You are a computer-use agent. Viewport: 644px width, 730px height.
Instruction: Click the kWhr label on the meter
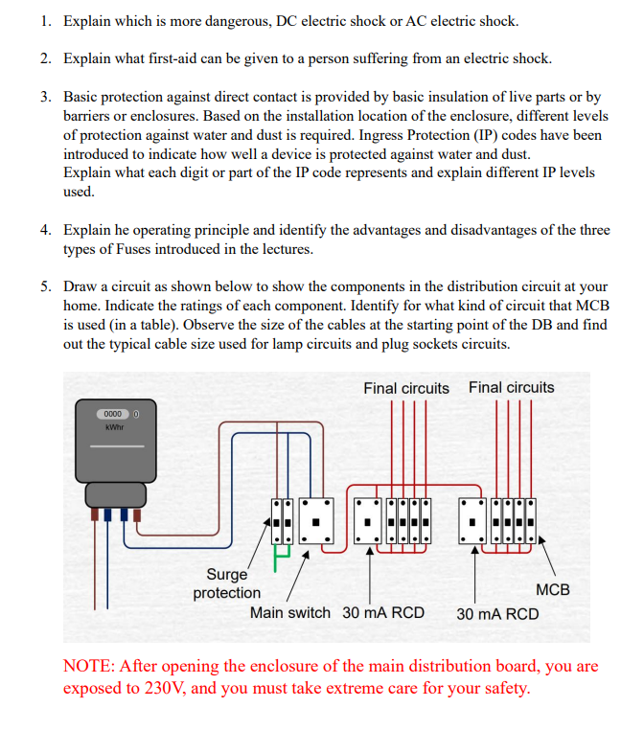(115, 427)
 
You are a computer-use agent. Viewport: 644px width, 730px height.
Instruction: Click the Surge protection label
(226, 583)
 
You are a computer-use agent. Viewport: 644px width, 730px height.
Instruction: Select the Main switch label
(289, 612)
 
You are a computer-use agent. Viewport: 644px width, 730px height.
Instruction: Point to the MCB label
(553, 590)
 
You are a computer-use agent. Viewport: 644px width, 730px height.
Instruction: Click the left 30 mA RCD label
(383, 612)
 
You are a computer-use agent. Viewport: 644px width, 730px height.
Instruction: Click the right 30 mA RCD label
(497, 614)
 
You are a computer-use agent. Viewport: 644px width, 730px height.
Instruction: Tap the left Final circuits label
(405, 388)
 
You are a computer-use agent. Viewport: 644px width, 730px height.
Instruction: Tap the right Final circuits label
(511, 387)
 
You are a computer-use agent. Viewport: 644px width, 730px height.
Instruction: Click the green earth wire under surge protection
(281, 559)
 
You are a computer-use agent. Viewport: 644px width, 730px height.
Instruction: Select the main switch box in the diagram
(315, 525)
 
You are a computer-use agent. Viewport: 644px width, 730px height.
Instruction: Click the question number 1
(45, 21)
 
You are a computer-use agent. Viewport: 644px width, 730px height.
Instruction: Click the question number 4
(45, 230)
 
